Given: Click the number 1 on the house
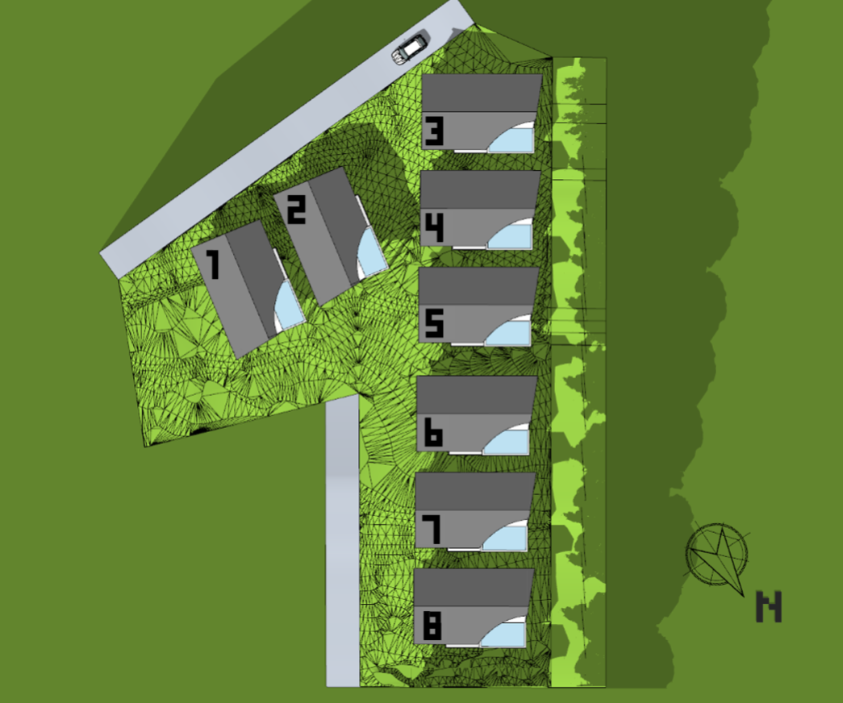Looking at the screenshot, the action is pyautogui.click(x=214, y=265).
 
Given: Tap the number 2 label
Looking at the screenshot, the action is pyautogui.click(x=296, y=210).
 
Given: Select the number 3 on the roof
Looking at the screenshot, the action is pyautogui.click(x=434, y=132).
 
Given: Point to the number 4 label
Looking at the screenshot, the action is pyautogui.click(x=434, y=228).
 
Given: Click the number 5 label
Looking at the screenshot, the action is pyautogui.click(x=434, y=323).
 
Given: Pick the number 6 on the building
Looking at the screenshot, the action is pyautogui.click(x=432, y=433).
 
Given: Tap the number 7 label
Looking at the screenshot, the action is pyautogui.click(x=432, y=530).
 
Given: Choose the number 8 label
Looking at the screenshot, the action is pyautogui.click(x=432, y=626).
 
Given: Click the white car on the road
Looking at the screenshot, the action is pyautogui.click(x=410, y=49).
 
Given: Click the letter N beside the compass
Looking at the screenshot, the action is pyautogui.click(x=769, y=607).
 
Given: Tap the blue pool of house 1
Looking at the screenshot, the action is pyautogui.click(x=288, y=307).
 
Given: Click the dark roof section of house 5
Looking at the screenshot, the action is pyautogui.click(x=478, y=286).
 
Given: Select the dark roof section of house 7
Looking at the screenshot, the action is pyautogui.click(x=475, y=491).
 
